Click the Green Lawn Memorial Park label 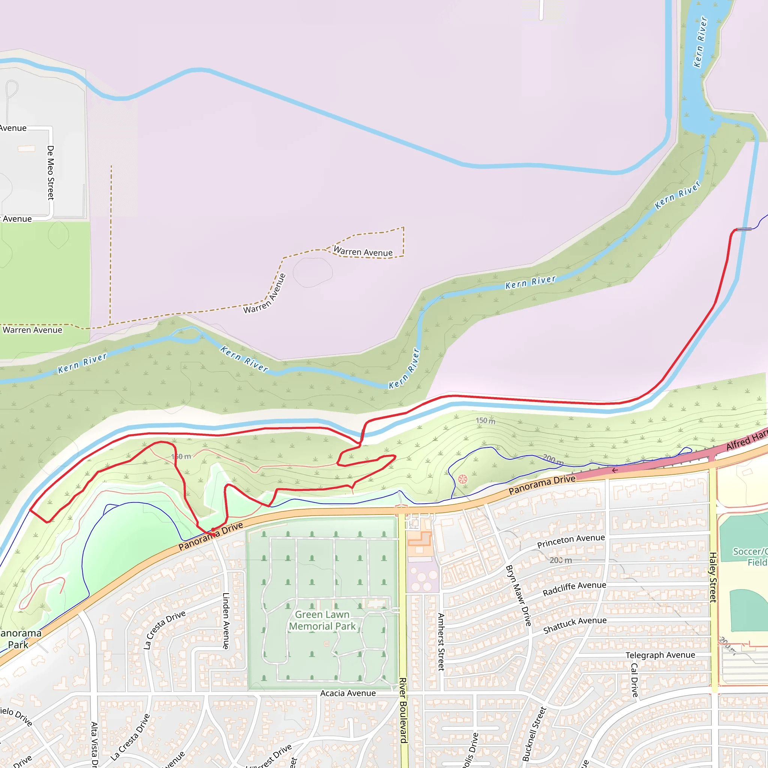click(322, 620)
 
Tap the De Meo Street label click(51, 172)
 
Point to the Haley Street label click(713, 577)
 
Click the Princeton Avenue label click(571, 541)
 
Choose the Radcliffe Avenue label click(574, 589)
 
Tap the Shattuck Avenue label click(575, 625)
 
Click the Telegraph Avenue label click(660, 655)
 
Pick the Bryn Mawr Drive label click(518, 595)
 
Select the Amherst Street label click(441, 642)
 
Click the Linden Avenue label click(226, 621)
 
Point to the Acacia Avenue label click(348, 693)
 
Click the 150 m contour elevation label click(485, 421)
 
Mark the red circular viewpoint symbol click(463, 479)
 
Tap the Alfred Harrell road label click(747, 440)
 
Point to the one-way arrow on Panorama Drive click(615, 470)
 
